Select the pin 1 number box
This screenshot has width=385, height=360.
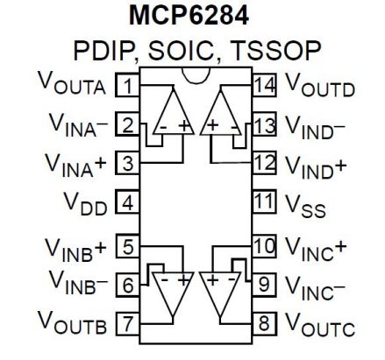[x=128, y=86]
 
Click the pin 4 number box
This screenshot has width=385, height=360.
[x=128, y=204]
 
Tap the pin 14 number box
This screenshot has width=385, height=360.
[x=262, y=86]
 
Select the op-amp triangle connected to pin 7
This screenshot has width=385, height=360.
[x=173, y=288]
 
